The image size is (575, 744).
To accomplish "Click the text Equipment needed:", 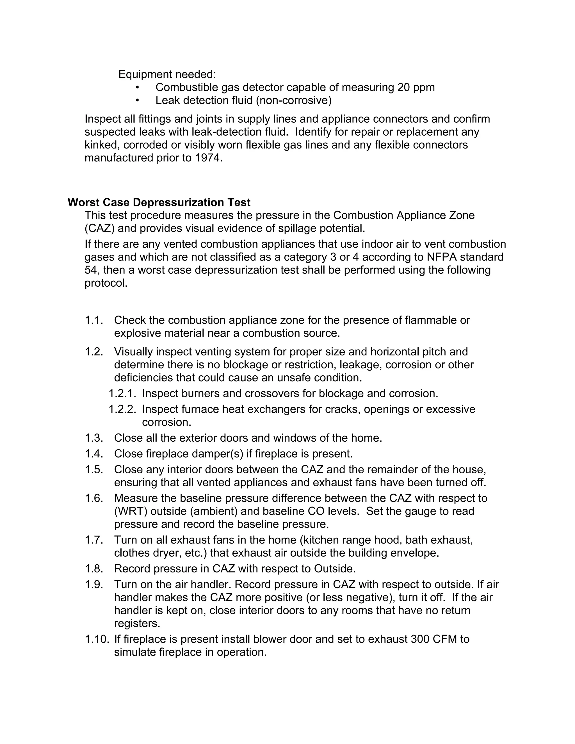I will (x=167, y=74).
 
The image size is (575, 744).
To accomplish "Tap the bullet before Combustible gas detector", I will (x=137, y=88).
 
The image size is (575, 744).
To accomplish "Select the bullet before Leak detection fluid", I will (x=137, y=101).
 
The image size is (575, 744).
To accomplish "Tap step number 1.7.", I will (x=94, y=540).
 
